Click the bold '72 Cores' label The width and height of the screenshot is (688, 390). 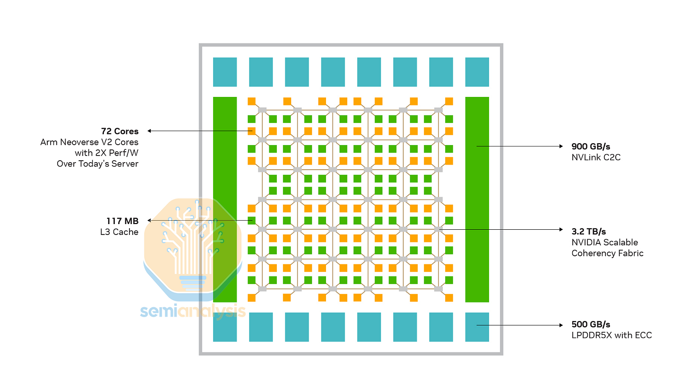click(x=120, y=131)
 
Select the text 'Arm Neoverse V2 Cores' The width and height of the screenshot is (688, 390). click(x=89, y=142)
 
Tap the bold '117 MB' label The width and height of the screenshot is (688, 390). click(x=122, y=221)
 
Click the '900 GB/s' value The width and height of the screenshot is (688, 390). click(x=591, y=146)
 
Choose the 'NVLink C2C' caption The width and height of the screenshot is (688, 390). click(x=596, y=157)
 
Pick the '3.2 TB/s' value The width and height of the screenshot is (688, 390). click(x=589, y=231)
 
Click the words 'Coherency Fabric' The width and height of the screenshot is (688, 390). click(x=607, y=253)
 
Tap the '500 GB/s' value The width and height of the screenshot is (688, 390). click(x=591, y=324)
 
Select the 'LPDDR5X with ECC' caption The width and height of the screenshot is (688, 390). click(x=611, y=335)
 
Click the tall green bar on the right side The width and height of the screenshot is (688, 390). click(x=477, y=199)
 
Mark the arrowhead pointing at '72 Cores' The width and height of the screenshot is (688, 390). click(x=149, y=131)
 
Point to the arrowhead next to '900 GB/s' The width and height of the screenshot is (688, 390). click(x=561, y=146)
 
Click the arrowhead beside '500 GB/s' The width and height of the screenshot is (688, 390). click(x=561, y=325)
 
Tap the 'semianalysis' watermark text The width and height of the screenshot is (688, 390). click(x=193, y=311)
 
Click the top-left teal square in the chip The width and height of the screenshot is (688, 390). click(x=225, y=72)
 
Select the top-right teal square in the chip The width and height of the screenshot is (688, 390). click(x=477, y=72)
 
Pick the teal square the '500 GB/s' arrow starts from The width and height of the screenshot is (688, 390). click(x=477, y=327)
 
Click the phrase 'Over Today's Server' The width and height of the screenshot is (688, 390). click(x=97, y=164)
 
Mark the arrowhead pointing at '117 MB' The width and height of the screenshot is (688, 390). click(x=149, y=220)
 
